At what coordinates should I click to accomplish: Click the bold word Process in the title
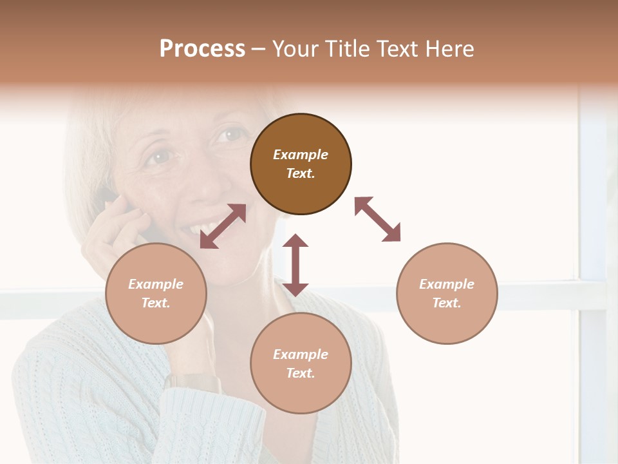click(x=202, y=49)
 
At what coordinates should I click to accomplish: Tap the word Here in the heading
click(x=450, y=49)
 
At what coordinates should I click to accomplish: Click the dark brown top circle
click(x=301, y=164)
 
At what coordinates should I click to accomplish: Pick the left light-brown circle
click(x=156, y=293)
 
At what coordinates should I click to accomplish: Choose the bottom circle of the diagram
click(x=301, y=363)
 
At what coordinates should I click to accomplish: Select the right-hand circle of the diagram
click(x=447, y=293)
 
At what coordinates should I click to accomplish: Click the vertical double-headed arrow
click(x=295, y=265)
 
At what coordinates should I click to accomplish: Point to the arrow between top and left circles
click(x=223, y=226)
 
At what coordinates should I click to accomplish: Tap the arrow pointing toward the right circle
click(x=377, y=219)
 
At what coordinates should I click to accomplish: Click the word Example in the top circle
click(x=301, y=155)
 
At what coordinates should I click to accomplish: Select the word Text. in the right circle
click(x=447, y=303)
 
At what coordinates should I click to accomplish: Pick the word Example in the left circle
click(x=156, y=284)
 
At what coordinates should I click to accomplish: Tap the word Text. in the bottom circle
click(x=301, y=373)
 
